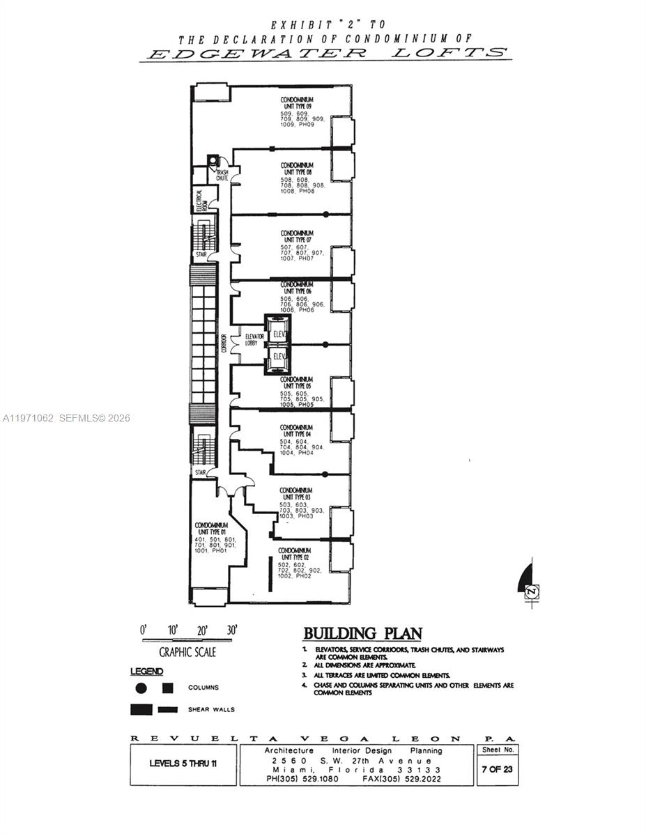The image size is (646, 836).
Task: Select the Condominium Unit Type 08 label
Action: point(296,169)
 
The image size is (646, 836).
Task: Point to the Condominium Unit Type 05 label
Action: point(296,382)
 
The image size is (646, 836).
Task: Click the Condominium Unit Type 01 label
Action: point(211,528)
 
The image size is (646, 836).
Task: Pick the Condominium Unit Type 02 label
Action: point(296,554)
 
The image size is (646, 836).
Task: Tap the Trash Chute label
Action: point(222,175)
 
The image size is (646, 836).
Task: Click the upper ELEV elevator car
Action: point(279,334)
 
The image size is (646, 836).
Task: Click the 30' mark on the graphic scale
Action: point(232,630)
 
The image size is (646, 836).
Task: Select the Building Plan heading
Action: point(362,633)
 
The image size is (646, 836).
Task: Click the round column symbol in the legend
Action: point(141,688)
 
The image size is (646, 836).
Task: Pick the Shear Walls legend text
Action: point(211,710)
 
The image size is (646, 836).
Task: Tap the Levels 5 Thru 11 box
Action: point(183,763)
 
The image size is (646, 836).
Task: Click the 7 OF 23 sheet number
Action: point(498,769)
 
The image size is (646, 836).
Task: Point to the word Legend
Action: point(146,672)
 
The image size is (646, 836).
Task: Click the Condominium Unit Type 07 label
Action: point(296,236)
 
